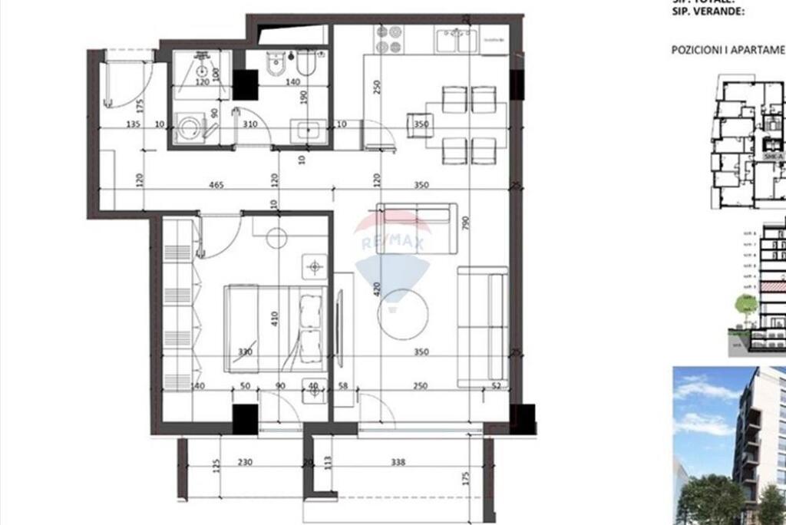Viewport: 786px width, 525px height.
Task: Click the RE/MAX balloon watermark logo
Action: pyautogui.click(x=393, y=253)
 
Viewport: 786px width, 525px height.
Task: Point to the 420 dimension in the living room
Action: pyautogui.click(x=378, y=289)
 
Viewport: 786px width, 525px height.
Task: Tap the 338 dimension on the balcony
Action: pyautogui.click(x=397, y=462)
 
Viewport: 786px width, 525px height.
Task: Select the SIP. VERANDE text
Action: pyautogui.click(x=706, y=12)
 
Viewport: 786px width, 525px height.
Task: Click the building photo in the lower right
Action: pyautogui.click(x=729, y=445)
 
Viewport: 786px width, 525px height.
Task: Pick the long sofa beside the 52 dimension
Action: pyautogui.click(x=482, y=326)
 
